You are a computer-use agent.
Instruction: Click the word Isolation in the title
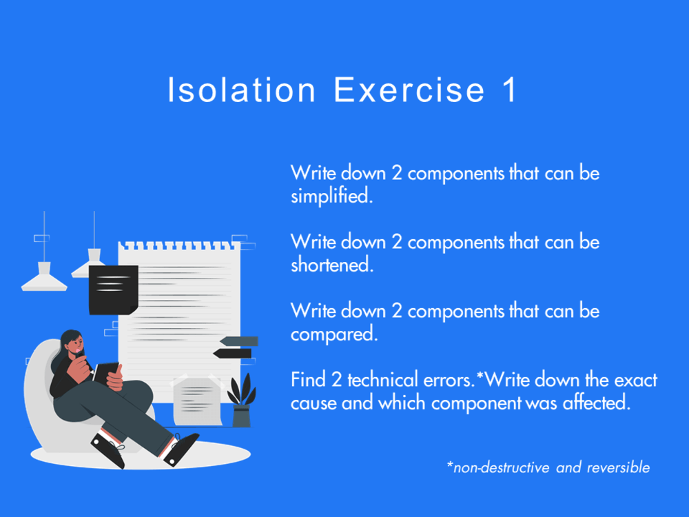[x=242, y=91]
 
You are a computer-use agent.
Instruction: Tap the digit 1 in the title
[x=508, y=91]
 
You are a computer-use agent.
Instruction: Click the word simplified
[x=331, y=196]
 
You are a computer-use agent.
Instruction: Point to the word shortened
[x=331, y=265]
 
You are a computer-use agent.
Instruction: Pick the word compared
[x=333, y=334]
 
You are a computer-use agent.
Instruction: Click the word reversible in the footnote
[x=618, y=468]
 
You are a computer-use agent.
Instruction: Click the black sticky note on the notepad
[x=113, y=290]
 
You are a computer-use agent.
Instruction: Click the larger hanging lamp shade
[x=44, y=278]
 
